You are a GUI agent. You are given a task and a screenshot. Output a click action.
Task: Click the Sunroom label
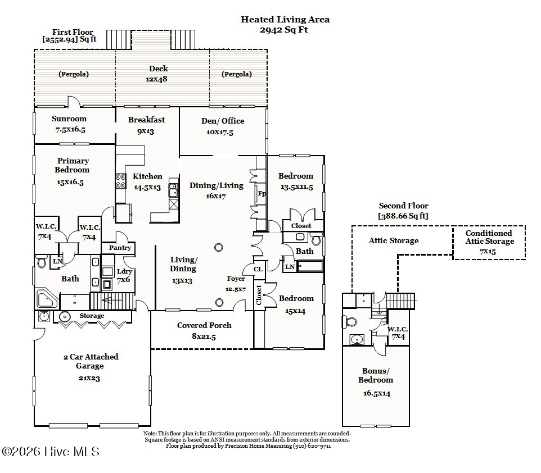pos(69,119)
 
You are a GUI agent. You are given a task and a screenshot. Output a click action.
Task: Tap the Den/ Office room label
pos(223,121)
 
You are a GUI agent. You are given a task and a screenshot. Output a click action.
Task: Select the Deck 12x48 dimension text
pos(158,79)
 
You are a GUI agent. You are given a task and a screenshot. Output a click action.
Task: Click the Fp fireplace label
pos(262,194)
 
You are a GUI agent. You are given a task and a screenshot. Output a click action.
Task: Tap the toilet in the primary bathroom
pos(42,262)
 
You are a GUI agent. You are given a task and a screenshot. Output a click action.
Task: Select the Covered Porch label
pos(204,325)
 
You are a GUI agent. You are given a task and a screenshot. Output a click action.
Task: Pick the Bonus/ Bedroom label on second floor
pos(376,375)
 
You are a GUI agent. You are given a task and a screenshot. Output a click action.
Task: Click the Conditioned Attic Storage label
pos(489,237)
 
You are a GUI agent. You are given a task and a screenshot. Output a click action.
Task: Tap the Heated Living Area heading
pos(285,20)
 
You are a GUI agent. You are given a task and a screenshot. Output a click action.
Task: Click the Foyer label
pos(236,279)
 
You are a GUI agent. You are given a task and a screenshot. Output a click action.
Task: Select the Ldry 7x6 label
pos(124,275)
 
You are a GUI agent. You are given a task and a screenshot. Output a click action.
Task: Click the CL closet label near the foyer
pos(258,270)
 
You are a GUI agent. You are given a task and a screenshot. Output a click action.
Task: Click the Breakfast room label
pos(146,120)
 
